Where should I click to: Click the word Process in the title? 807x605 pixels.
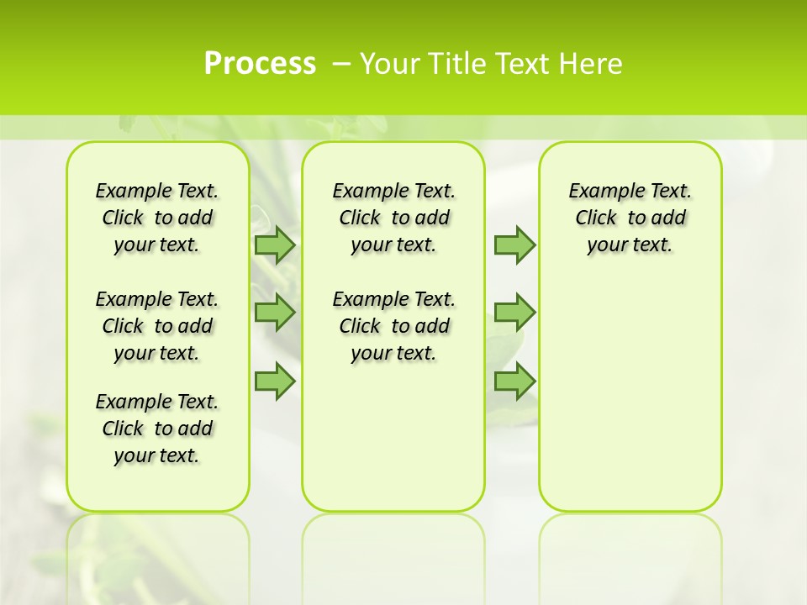click(260, 64)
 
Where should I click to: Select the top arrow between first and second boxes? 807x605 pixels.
click(275, 245)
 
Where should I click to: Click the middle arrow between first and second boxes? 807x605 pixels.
click(275, 313)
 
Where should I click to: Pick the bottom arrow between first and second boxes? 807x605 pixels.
click(275, 381)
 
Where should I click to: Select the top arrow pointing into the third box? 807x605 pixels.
click(514, 245)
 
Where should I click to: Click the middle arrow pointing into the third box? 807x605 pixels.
click(514, 313)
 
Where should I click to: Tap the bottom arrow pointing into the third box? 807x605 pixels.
click(514, 381)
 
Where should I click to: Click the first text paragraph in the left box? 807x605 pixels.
click(157, 218)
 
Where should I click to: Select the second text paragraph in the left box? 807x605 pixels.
click(157, 326)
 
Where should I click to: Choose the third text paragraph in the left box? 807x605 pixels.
click(157, 429)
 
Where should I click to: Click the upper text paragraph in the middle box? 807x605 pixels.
click(394, 218)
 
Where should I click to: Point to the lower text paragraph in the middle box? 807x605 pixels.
click(394, 326)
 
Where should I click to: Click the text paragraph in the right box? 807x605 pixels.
click(630, 218)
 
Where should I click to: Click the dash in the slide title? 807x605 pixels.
click(341, 64)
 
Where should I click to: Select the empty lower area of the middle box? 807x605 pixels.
click(393, 437)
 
